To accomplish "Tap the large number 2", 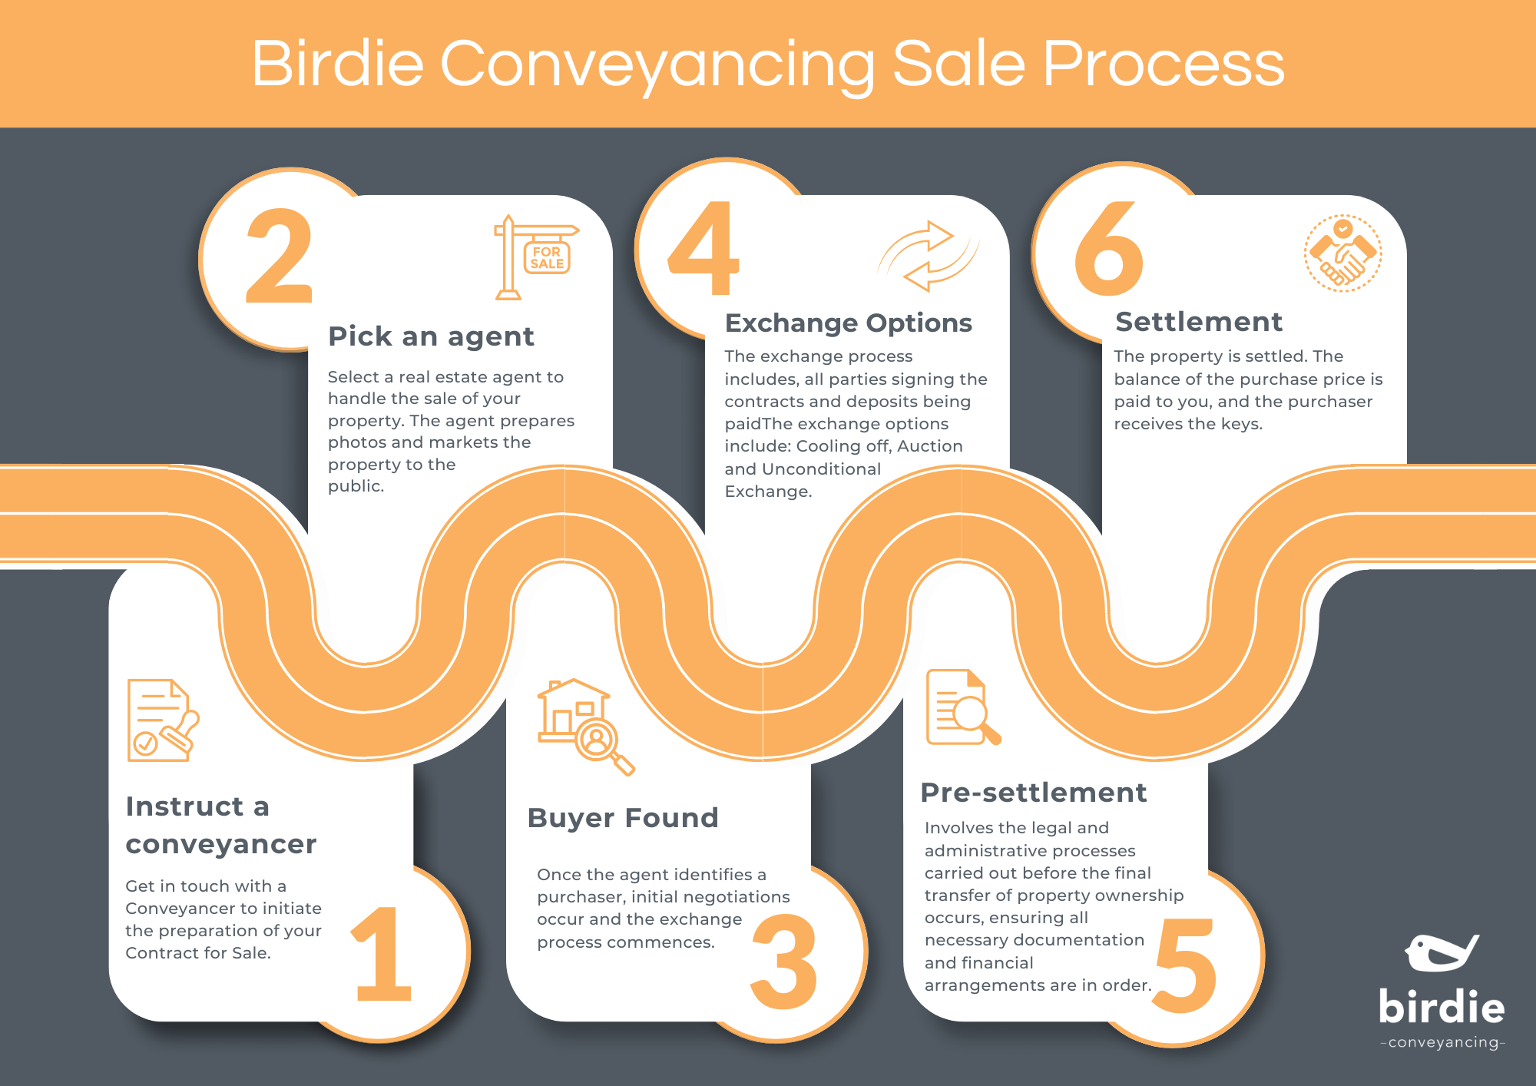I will tap(280, 256).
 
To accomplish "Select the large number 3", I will tap(783, 962).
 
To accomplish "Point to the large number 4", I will tap(704, 248).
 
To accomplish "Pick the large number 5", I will tap(1185, 965).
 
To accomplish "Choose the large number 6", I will tap(1109, 249).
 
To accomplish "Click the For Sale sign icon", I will tap(536, 257).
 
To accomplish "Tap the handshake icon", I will tap(1342, 253).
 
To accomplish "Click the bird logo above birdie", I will tap(1441, 953).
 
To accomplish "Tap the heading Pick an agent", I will tap(431, 336).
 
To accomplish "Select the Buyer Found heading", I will tap(623, 818).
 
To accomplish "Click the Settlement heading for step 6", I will tap(1199, 322).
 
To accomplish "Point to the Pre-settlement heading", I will tap(1034, 793).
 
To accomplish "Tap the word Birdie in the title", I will tap(337, 64).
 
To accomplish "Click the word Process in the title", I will tap(1163, 64).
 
